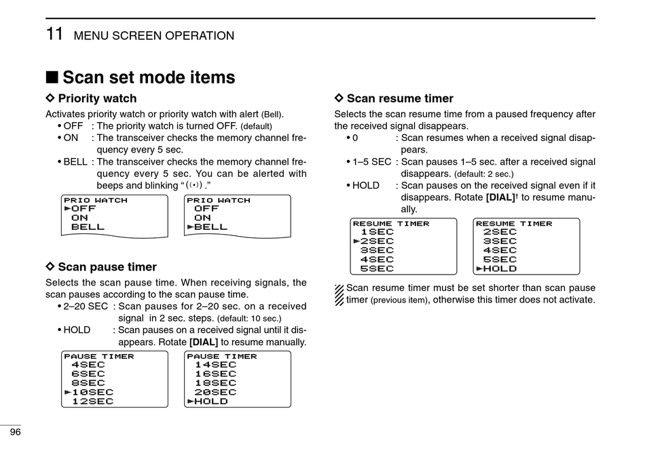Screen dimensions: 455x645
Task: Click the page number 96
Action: click(14, 432)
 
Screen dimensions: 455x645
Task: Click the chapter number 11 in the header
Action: click(55, 34)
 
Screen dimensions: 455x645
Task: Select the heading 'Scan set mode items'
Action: click(149, 77)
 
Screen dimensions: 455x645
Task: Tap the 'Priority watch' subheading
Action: click(97, 98)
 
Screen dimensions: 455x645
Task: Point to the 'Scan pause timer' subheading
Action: click(107, 267)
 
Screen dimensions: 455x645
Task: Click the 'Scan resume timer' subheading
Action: click(400, 98)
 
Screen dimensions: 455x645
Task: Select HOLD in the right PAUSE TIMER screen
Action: click(211, 401)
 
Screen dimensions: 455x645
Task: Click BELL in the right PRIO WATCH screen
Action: click(211, 227)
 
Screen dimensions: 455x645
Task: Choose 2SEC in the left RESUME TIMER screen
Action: click(377, 241)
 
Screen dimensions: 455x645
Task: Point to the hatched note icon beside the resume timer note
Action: click(339, 294)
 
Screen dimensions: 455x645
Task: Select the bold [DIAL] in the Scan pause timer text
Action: click(204, 342)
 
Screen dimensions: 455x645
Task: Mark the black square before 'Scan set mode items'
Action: click(52, 78)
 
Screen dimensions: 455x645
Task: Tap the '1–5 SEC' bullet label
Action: click(371, 162)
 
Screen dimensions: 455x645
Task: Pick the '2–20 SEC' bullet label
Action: click(86, 306)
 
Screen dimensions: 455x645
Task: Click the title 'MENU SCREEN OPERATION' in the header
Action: click(154, 36)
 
